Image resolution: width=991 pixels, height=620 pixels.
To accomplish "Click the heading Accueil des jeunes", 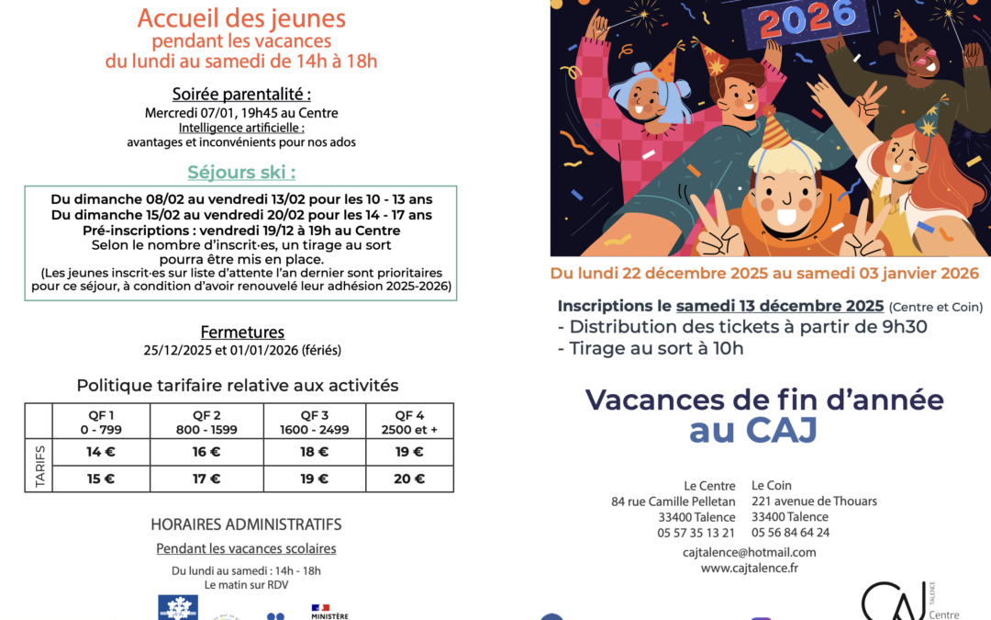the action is pos(241,17).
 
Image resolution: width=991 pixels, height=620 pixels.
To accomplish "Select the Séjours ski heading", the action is pos(241,173).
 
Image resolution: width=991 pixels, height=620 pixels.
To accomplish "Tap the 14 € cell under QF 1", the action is pos(101,452).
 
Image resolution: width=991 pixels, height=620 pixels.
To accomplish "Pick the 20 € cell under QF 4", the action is pos(409,479).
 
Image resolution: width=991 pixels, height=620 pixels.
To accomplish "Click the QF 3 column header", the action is pos(314,414).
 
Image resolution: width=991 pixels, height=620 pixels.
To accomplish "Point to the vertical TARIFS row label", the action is pos(39,466).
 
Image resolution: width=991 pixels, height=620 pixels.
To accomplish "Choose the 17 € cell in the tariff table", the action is pos(206,479).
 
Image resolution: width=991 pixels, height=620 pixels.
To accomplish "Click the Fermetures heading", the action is pos(242,333).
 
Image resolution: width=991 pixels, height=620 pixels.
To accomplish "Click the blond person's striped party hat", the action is pos(775,130).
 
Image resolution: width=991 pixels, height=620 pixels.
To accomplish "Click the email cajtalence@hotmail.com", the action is pos(749,552).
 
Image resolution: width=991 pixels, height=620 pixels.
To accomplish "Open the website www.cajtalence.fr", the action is pos(749,568).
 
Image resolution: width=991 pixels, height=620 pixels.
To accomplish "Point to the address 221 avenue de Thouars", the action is pos(814,502).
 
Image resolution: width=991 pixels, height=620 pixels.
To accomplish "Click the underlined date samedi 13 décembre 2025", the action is pos(780,306).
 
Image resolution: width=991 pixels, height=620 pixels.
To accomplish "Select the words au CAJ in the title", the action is pos(752,431).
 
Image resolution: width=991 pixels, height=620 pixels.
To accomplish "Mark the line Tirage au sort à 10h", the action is pos(651,348).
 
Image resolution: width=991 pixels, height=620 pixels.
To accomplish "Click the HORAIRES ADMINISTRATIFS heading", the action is pos(246,524).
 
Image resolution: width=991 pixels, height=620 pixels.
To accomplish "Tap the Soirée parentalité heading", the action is pos(241,94).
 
